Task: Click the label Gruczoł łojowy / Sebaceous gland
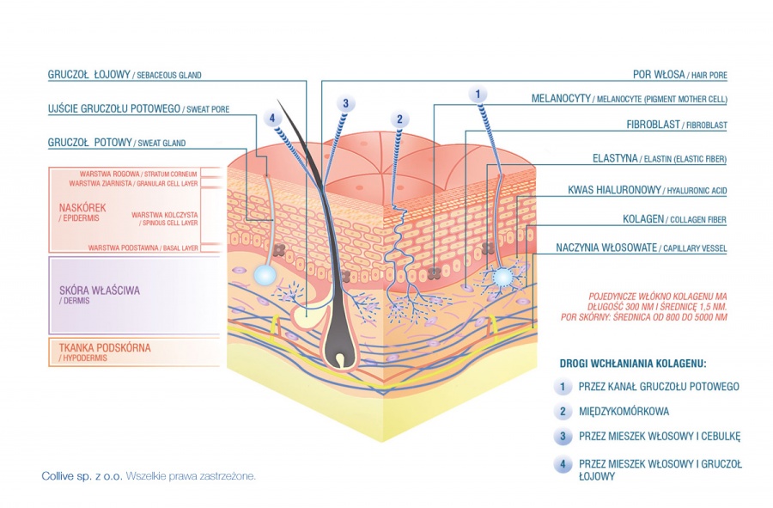point(124,75)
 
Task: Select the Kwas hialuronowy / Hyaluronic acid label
point(648,189)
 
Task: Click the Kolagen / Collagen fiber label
point(674,219)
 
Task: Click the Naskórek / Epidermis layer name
point(82,211)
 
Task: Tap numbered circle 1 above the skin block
point(478,93)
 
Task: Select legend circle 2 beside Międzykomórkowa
point(563,412)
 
